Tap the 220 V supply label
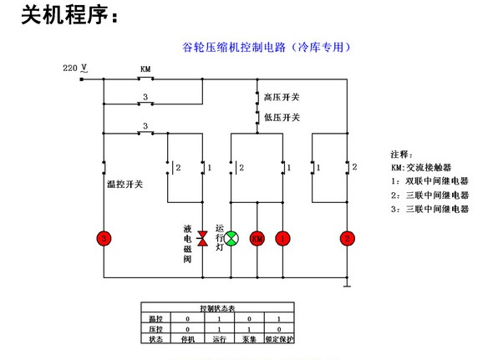pyautogui.click(x=75, y=66)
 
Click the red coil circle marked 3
pyautogui.click(x=104, y=239)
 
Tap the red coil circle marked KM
pyautogui.click(x=257, y=239)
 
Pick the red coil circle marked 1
pyautogui.click(x=284, y=239)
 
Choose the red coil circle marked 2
pyautogui.click(x=346, y=239)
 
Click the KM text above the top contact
pyautogui.click(x=145, y=68)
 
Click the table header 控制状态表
pyautogui.click(x=219, y=309)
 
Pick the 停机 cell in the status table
pyautogui.click(x=189, y=339)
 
